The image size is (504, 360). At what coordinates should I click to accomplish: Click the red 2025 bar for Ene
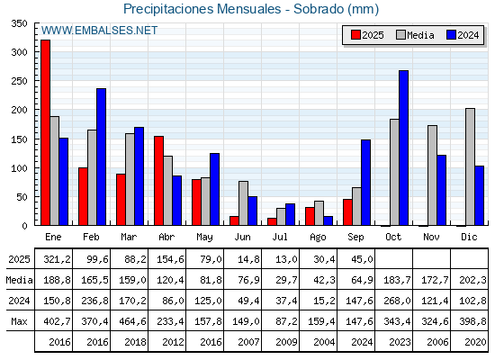click(x=45, y=132)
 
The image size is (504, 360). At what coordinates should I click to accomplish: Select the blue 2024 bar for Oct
click(x=404, y=148)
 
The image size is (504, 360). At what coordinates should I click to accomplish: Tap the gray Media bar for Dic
click(x=470, y=166)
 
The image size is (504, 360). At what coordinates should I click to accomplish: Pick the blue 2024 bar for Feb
click(x=101, y=157)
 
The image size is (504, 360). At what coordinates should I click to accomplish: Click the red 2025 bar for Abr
click(x=158, y=181)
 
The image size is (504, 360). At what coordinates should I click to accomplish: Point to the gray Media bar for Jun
click(x=243, y=203)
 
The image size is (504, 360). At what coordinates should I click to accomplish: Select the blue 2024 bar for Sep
click(x=365, y=183)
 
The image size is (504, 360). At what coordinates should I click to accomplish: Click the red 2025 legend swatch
click(x=355, y=35)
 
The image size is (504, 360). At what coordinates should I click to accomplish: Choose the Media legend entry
click(x=415, y=35)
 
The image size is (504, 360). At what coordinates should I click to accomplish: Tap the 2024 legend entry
click(x=463, y=35)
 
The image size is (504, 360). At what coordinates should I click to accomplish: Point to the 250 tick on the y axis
click(x=19, y=81)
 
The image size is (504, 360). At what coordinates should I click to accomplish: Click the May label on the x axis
click(x=205, y=238)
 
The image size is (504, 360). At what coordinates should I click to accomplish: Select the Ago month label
click(x=319, y=238)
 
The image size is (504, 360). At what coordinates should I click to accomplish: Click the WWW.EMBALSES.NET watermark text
click(x=99, y=31)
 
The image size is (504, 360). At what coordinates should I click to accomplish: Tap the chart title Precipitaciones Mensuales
click(x=202, y=9)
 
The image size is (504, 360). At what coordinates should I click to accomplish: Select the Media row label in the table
click(x=19, y=280)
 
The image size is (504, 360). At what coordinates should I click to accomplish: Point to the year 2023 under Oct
click(x=400, y=342)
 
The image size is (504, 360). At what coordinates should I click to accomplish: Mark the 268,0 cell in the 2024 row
click(x=397, y=301)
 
